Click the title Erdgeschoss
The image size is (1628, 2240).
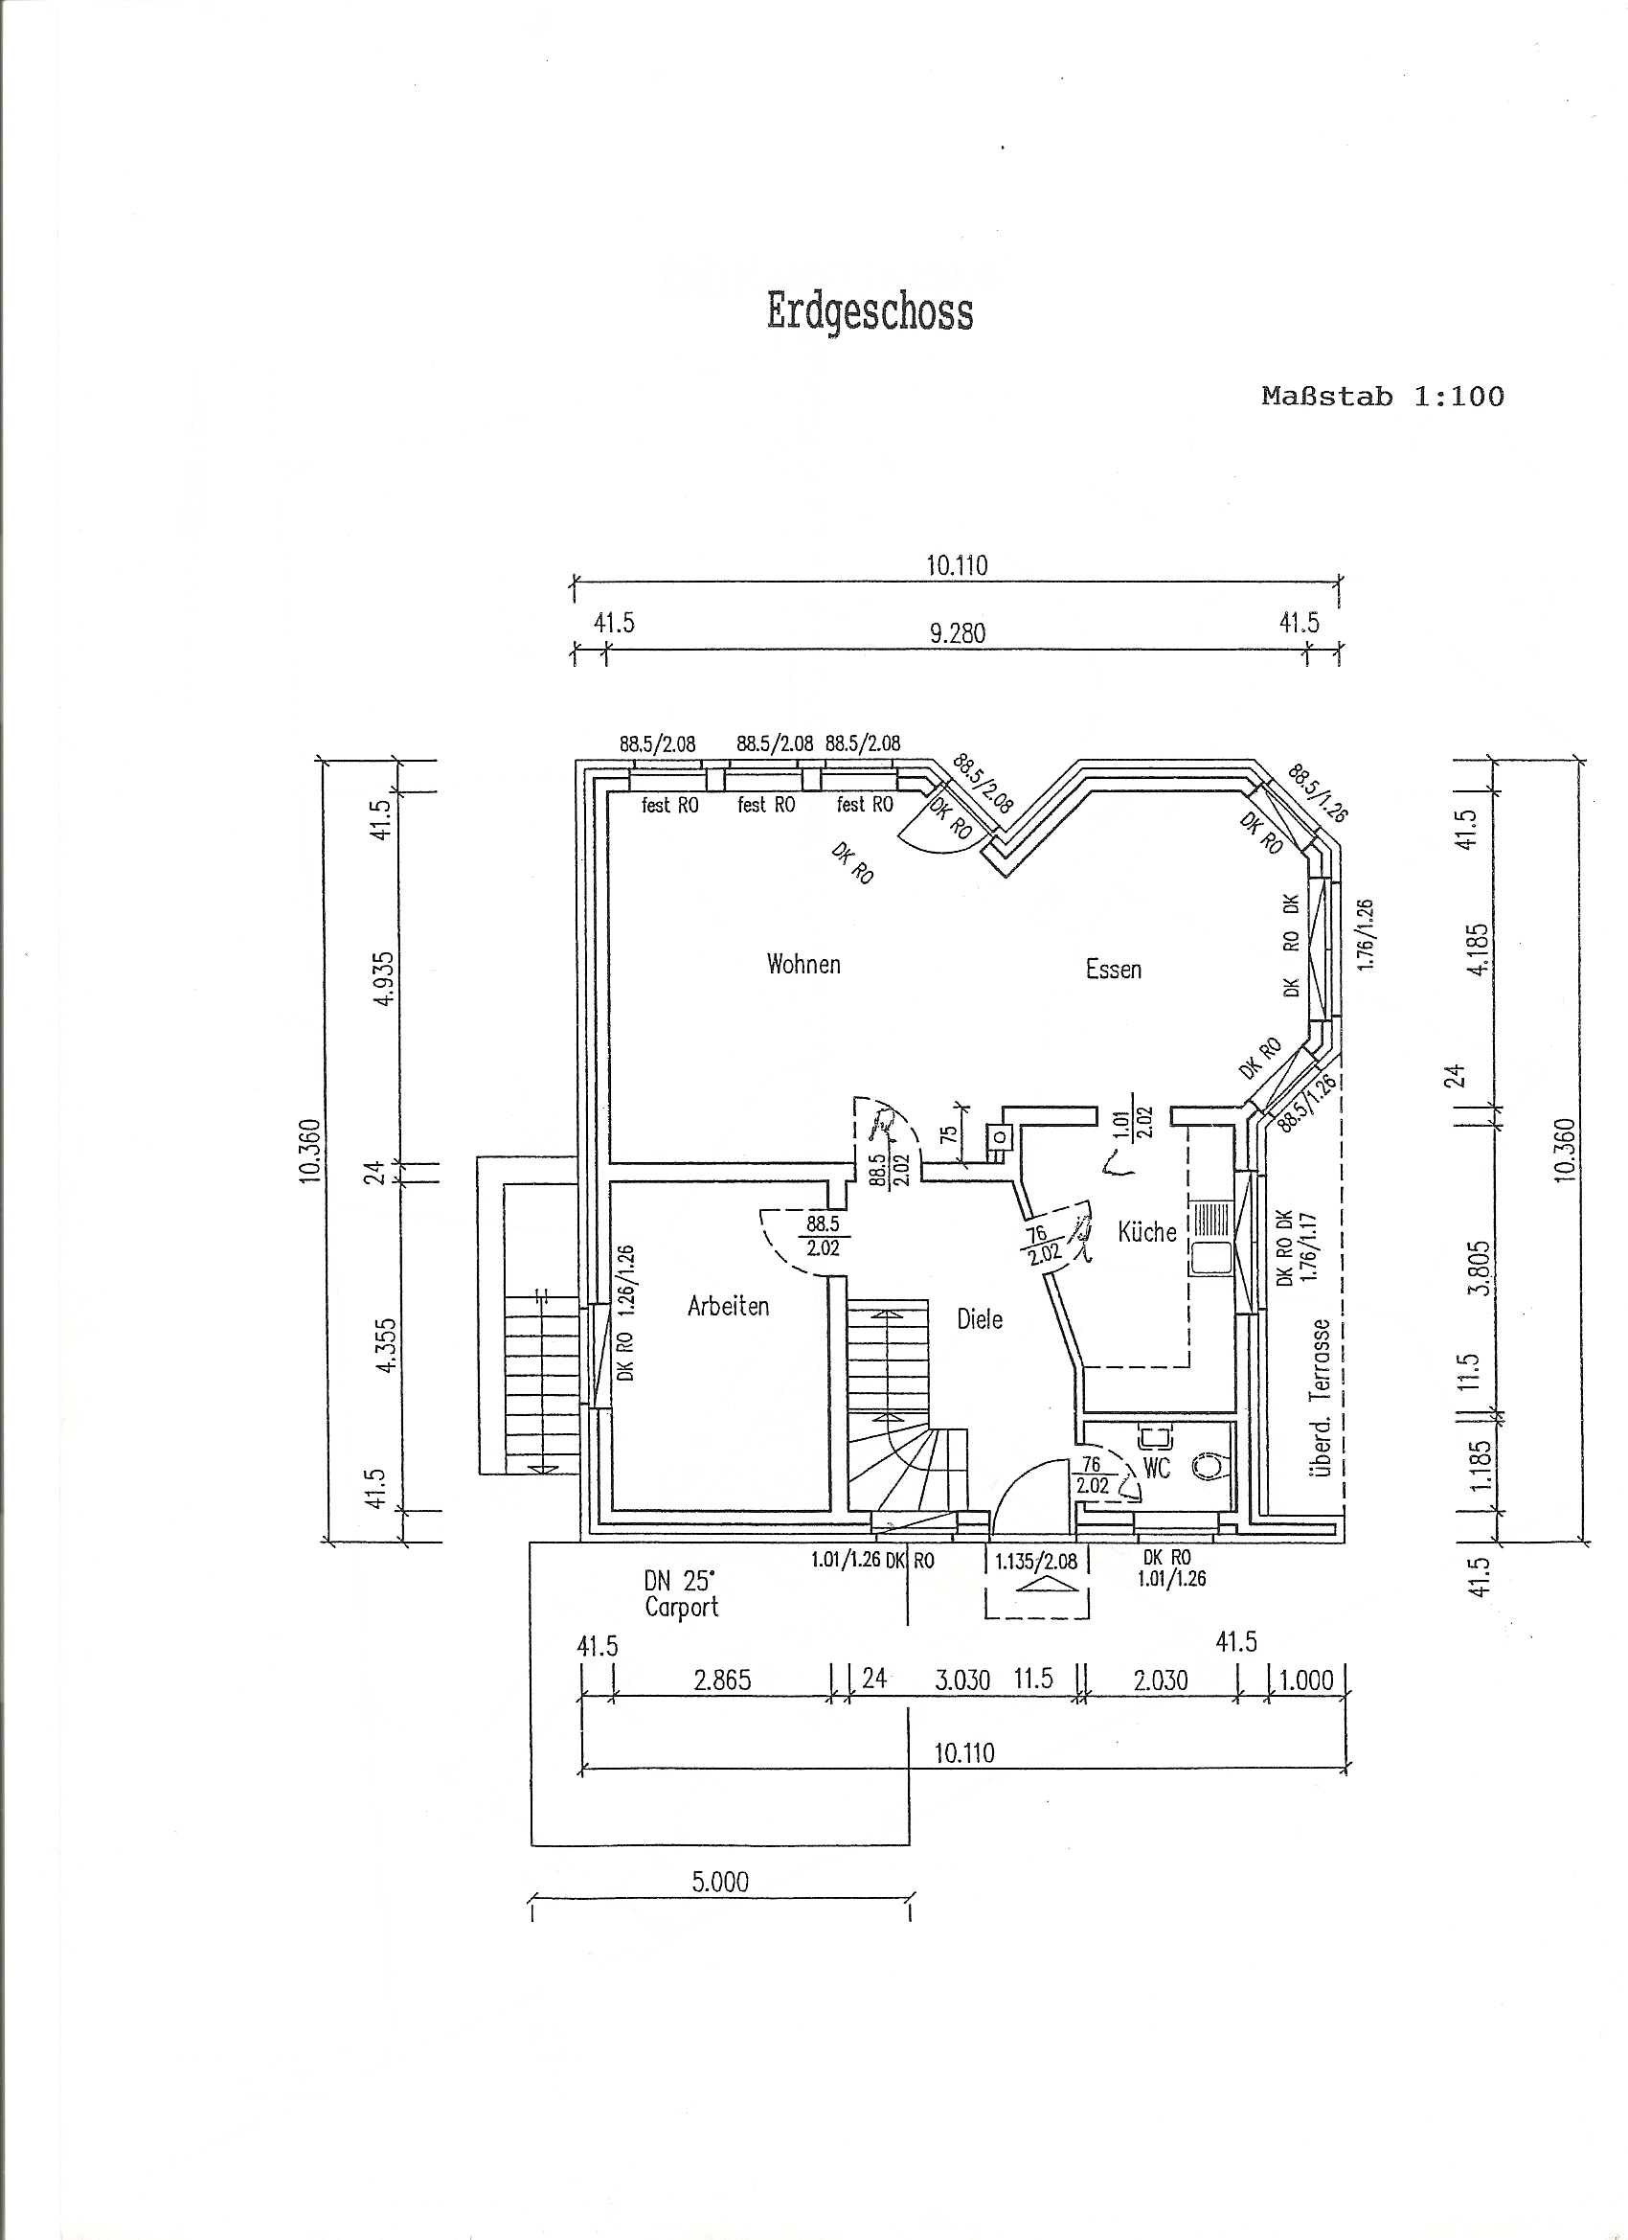870,312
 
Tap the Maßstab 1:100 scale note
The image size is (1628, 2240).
1382,397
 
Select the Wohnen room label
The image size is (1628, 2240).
803,964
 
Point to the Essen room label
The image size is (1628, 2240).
1114,969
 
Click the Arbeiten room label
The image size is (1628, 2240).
728,1306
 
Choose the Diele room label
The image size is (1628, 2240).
980,1318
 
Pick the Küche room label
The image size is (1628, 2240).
1147,1230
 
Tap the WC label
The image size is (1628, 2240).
1156,1469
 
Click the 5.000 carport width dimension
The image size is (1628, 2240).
721,1882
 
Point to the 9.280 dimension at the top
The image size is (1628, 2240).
958,633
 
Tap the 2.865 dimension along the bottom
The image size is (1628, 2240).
723,1680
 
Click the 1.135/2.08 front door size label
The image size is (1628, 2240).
1036,1562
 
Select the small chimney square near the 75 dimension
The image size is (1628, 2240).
1000,1137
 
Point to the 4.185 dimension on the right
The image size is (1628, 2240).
1478,949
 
